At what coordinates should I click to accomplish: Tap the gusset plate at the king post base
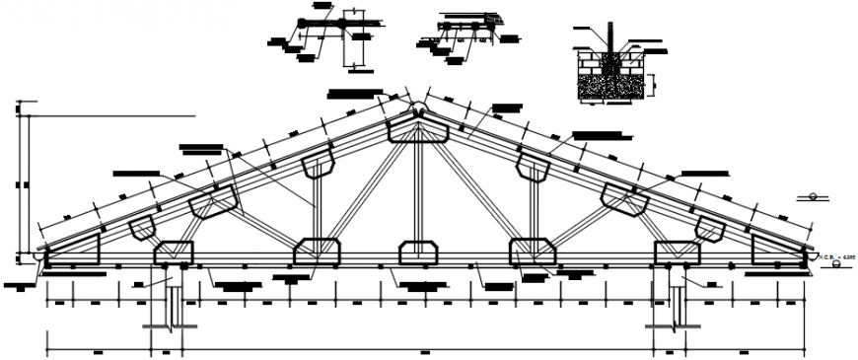(418, 253)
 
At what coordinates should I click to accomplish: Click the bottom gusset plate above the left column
(174, 253)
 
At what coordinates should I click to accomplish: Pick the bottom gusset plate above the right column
(673, 253)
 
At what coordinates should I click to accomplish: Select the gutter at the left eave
(38, 258)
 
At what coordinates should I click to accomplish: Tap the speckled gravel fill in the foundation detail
(612, 87)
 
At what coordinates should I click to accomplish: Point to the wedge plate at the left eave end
(74, 250)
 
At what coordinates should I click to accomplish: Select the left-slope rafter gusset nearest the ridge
(322, 166)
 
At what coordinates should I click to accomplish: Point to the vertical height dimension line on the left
(19, 182)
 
